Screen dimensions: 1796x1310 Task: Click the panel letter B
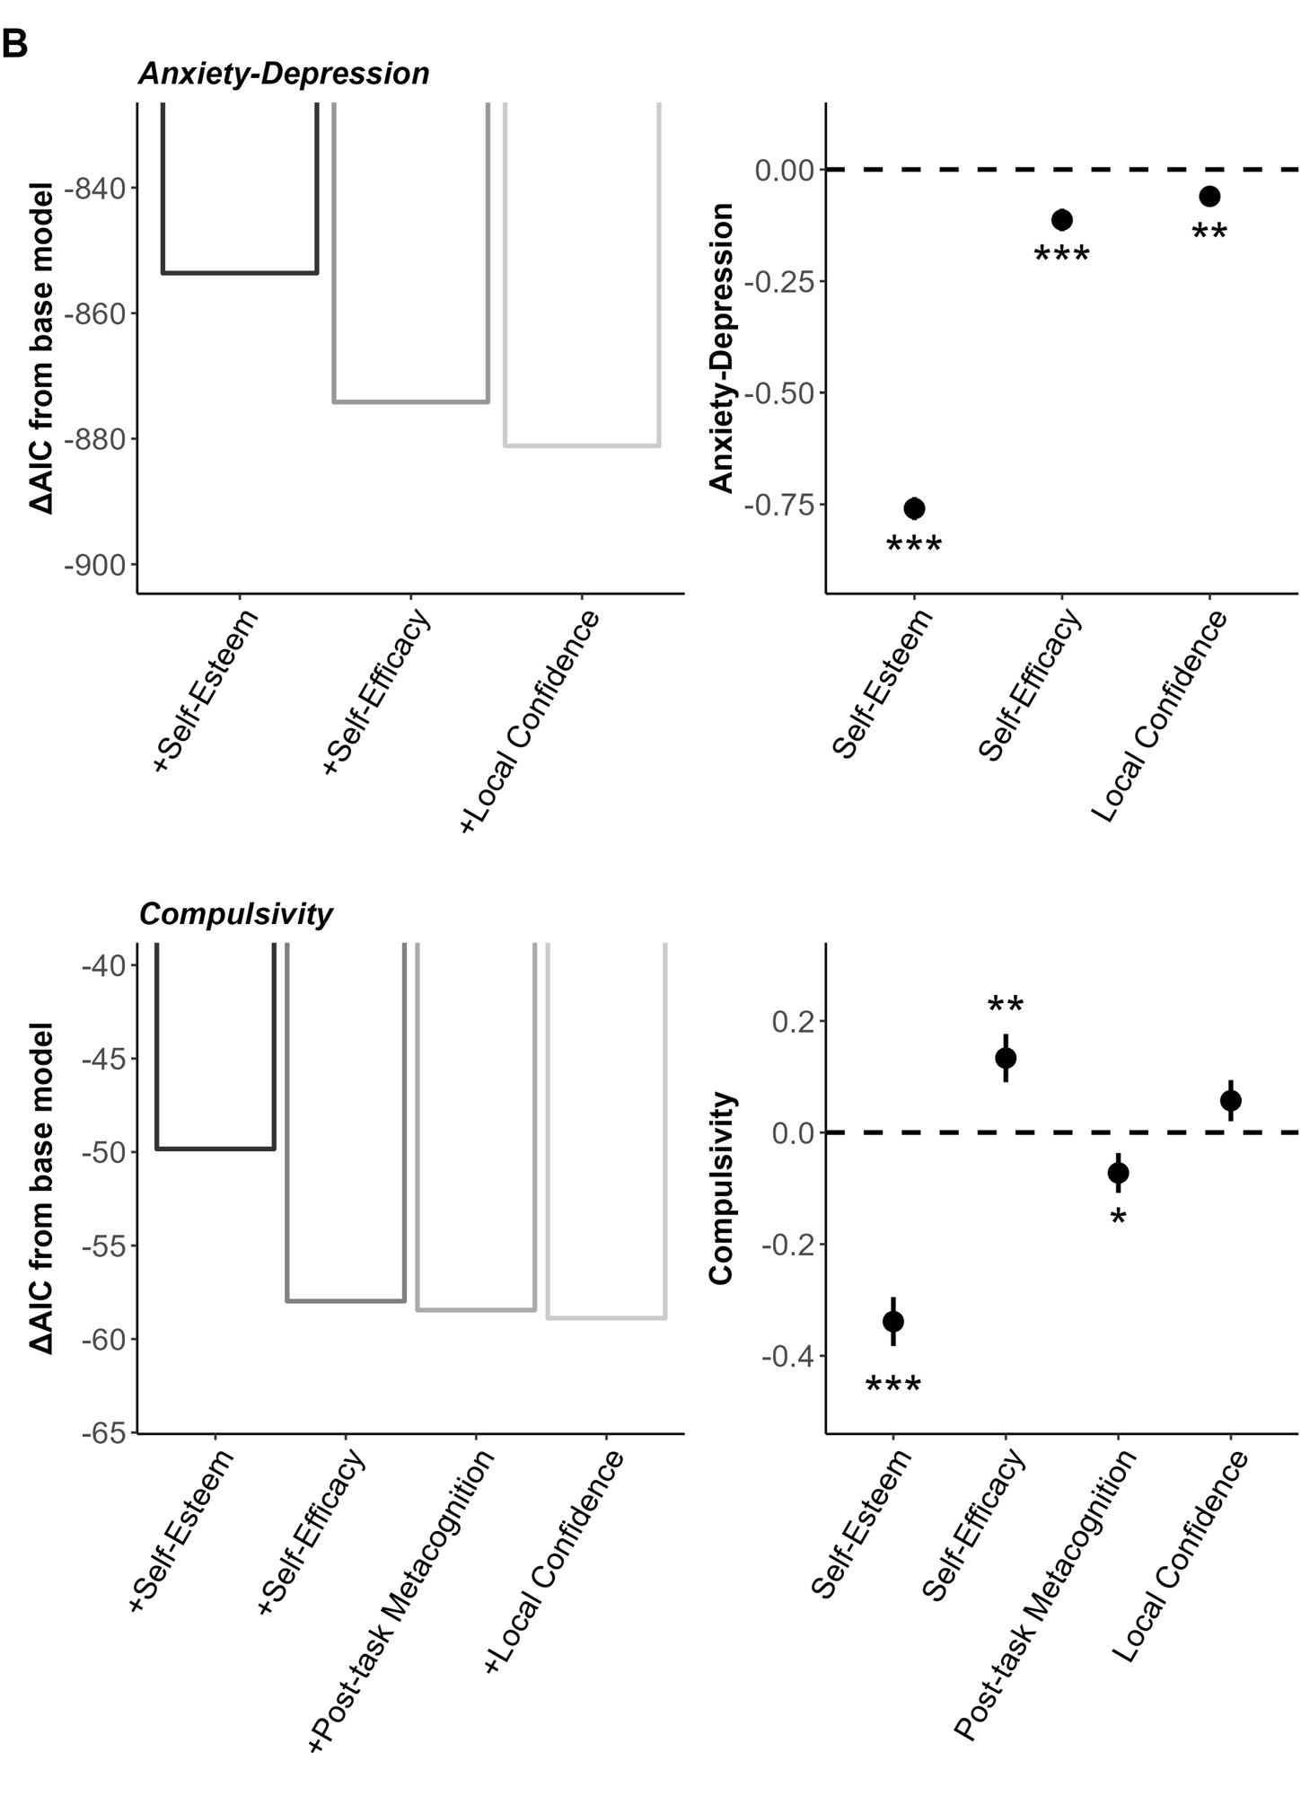click(x=14, y=42)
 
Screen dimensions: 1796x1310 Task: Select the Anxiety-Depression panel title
click(x=284, y=74)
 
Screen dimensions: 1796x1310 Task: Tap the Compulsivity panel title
click(x=235, y=914)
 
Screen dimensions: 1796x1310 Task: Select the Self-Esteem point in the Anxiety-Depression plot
click(x=914, y=508)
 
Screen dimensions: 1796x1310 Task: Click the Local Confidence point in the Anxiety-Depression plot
click(x=1209, y=196)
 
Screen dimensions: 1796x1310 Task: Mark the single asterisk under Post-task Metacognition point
click(x=1118, y=1219)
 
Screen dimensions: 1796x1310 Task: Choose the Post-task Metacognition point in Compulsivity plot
click(x=1118, y=1173)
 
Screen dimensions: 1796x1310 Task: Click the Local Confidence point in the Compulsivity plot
click(x=1231, y=1100)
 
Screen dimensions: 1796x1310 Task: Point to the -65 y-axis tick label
click(x=106, y=1433)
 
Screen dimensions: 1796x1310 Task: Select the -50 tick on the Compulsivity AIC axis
click(x=106, y=1152)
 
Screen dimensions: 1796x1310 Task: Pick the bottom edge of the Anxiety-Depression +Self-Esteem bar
click(x=240, y=272)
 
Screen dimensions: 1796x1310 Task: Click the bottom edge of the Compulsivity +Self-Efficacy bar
click(x=346, y=1300)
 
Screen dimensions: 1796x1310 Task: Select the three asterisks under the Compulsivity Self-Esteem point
click(x=893, y=1387)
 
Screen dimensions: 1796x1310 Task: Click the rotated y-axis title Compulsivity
click(x=722, y=1189)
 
